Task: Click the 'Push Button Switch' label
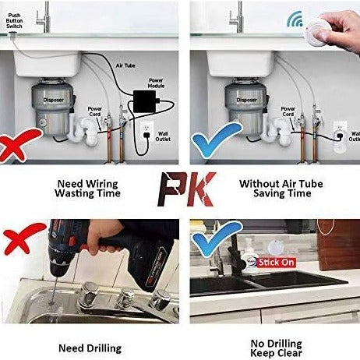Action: (14, 21)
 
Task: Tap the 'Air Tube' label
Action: (125, 65)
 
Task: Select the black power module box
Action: (145, 101)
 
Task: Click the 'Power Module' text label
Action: (156, 83)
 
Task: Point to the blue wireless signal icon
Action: (295, 19)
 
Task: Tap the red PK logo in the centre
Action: (186, 189)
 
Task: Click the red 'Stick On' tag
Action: (277, 263)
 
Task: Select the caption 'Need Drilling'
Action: (90, 348)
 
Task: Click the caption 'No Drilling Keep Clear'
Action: (277, 348)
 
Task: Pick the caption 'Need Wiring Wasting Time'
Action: (87, 189)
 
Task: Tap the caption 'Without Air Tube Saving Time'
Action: (281, 189)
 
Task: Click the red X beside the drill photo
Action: (24, 238)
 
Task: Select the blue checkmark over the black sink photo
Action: (217, 238)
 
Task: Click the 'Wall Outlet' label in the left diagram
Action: (163, 136)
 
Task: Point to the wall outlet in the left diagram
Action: (146, 129)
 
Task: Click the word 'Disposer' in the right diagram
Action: (246, 100)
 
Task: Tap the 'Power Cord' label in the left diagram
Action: (95, 111)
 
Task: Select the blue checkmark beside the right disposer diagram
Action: (217, 139)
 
